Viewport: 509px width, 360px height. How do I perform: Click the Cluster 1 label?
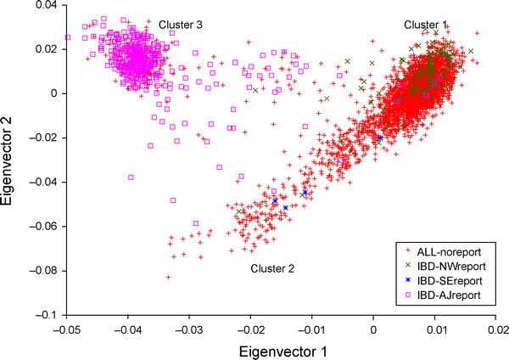click(427, 25)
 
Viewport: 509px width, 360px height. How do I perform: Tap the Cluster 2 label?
click(272, 268)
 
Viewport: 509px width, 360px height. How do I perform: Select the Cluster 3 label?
click(180, 25)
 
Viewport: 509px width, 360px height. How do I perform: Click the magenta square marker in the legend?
click(411, 295)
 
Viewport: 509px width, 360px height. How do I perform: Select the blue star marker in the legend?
click(411, 281)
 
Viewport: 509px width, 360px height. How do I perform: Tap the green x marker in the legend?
click(411, 267)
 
